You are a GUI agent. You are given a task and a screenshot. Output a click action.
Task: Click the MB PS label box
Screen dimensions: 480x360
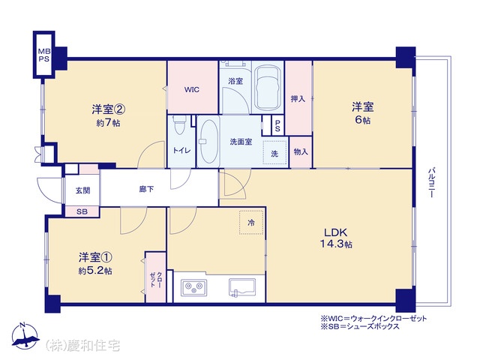pyautogui.click(x=43, y=55)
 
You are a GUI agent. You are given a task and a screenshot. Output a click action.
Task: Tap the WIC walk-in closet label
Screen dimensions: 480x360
pyautogui.click(x=192, y=90)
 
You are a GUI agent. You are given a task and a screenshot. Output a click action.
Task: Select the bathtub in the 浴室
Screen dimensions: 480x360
pyautogui.click(x=268, y=87)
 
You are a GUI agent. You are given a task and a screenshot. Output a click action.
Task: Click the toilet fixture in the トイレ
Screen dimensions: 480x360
pyautogui.click(x=179, y=125)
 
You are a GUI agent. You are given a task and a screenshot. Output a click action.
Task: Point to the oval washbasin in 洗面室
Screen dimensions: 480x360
pyautogui.click(x=210, y=142)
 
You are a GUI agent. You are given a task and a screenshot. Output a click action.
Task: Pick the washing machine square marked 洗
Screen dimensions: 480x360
pyautogui.click(x=274, y=151)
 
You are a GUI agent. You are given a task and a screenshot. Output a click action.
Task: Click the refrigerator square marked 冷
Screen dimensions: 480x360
pyautogui.click(x=251, y=223)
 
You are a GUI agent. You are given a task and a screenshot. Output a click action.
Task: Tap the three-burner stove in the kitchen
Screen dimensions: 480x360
pyautogui.click(x=193, y=287)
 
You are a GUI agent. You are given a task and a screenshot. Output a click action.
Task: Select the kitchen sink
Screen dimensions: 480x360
pyautogui.click(x=242, y=288)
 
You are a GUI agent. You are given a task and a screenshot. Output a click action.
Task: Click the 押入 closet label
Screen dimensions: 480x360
pyautogui.click(x=298, y=99)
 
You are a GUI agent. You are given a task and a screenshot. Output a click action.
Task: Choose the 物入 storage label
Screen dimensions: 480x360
pyautogui.click(x=301, y=151)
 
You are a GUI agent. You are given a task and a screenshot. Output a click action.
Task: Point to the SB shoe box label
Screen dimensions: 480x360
pyautogui.click(x=82, y=211)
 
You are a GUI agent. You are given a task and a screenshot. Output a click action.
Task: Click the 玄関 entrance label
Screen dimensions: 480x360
pyautogui.click(x=83, y=190)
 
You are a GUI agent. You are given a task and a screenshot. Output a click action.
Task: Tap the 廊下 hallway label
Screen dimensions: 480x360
pyautogui.click(x=147, y=189)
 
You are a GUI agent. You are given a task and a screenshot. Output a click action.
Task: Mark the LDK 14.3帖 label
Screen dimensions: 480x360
pyautogui.click(x=336, y=238)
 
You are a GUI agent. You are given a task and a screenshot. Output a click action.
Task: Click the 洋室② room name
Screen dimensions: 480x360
pyautogui.click(x=108, y=109)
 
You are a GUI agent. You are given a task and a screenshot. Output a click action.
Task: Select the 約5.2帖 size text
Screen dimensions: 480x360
pyautogui.click(x=95, y=271)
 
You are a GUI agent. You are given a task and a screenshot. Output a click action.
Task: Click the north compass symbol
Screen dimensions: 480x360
pyautogui.click(x=25, y=335)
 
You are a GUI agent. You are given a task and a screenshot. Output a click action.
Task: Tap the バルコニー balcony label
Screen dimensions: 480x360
pyautogui.click(x=431, y=182)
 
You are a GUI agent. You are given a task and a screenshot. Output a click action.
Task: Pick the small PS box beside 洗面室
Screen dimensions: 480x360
pyautogui.click(x=277, y=125)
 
